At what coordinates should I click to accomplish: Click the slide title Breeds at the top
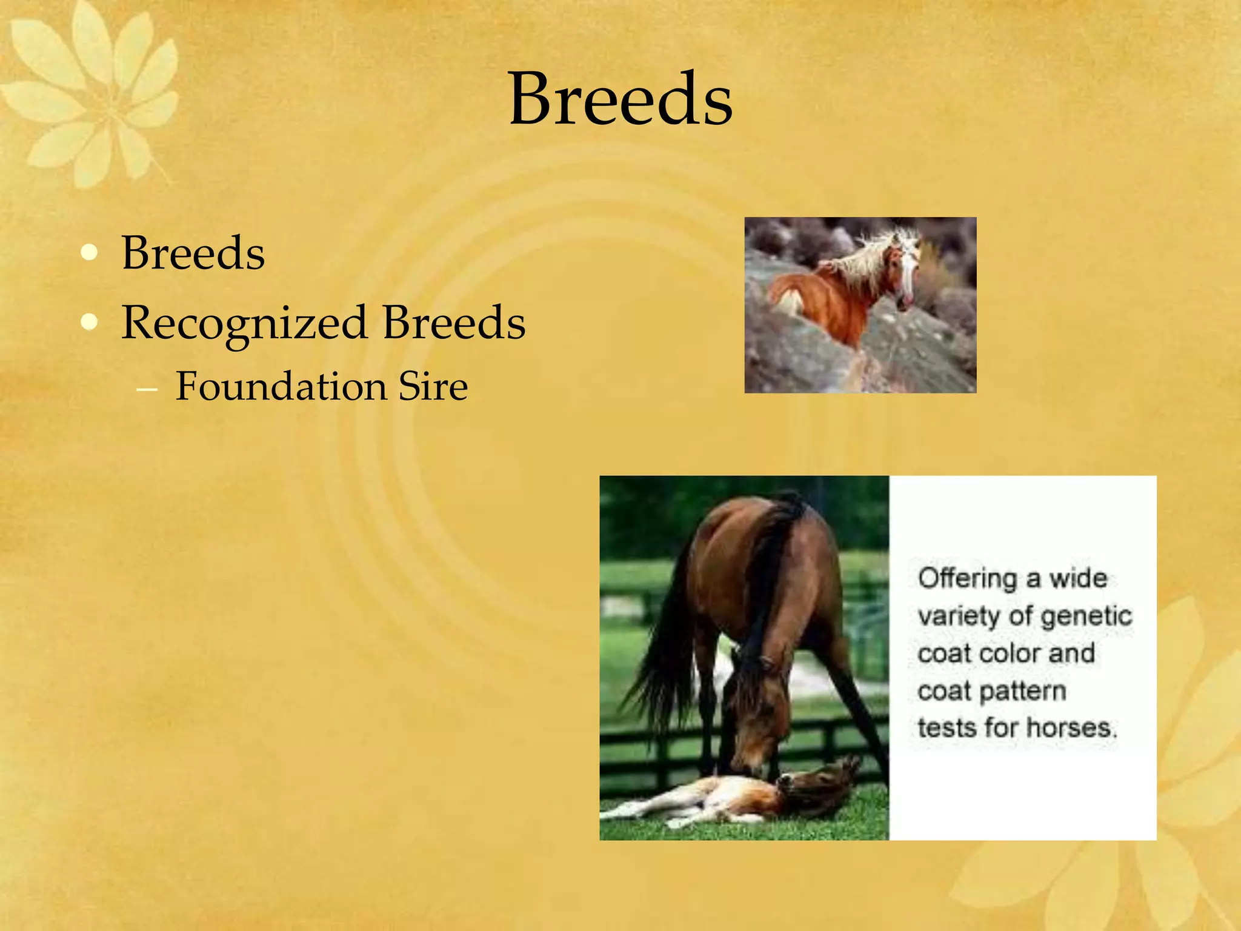620,99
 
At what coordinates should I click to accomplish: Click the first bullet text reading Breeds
193,253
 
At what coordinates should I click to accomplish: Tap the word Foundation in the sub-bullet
281,387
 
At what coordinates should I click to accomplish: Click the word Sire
433,387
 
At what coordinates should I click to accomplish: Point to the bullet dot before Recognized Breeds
89,322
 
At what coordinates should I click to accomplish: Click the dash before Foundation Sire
147,389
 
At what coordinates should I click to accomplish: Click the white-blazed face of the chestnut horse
907,273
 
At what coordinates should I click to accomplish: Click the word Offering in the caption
967,579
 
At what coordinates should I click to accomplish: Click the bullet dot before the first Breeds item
89,252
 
